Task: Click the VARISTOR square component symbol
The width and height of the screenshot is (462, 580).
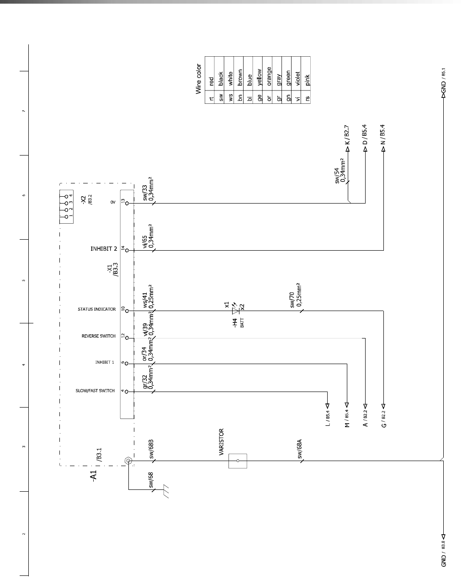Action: point(238,461)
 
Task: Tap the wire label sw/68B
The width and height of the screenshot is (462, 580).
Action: point(151,450)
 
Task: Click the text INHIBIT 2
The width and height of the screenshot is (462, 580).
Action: point(104,249)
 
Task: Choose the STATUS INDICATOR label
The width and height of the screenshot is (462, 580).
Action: point(96,310)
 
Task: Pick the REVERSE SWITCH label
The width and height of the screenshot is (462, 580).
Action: point(98,336)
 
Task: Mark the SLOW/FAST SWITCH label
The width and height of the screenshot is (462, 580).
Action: point(95,391)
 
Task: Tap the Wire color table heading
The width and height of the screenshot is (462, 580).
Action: point(199,79)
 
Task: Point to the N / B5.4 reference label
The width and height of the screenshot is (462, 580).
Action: point(383,135)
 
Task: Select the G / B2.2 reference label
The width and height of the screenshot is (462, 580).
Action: point(384,419)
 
